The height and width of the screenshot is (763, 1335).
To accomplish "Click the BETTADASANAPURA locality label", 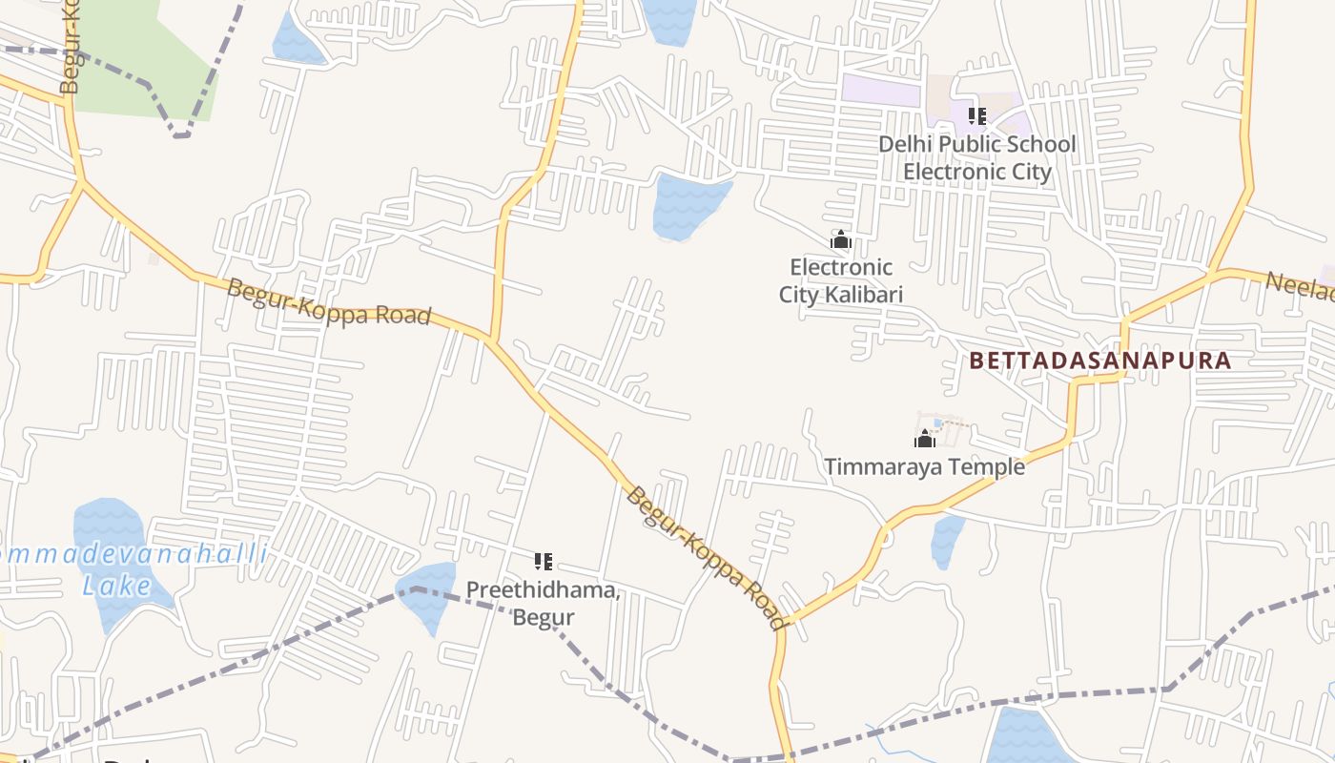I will (x=1100, y=361).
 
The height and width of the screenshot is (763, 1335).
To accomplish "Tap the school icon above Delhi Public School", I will (x=976, y=116).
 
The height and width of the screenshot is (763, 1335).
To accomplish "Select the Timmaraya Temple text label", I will (x=924, y=466).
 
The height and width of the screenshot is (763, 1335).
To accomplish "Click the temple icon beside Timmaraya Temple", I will (x=924, y=439).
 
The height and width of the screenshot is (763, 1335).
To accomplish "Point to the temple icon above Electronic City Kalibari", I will (x=840, y=238).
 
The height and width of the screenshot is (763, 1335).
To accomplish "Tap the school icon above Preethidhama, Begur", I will (x=544, y=562).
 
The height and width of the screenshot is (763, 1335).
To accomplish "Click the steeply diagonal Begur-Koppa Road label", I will (x=707, y=558).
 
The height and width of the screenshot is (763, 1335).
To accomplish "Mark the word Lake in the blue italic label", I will (x=116, y=586).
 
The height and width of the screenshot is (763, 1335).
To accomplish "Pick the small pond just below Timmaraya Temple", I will (x=946, y=540).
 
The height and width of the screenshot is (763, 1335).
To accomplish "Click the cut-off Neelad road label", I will (x=1301, y=285).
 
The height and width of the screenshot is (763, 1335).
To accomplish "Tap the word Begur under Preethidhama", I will (x=544, y=617).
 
